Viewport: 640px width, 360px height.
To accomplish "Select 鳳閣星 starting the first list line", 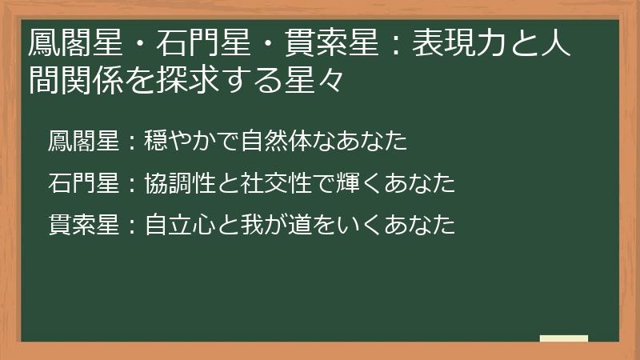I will click(x=82, y=142).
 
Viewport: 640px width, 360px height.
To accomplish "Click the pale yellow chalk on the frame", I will click(x=564, y=338).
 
